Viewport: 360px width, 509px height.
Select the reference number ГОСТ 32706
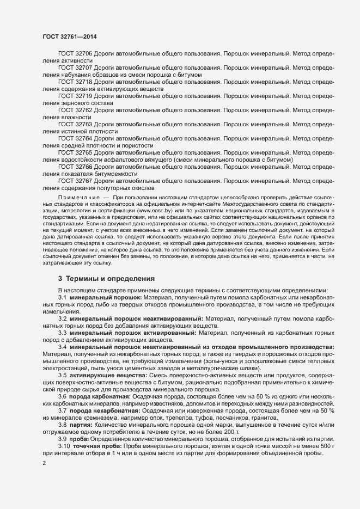pyautogui.click(x=76, y=54)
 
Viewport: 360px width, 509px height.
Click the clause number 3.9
pyautogui.click(x=63, y=439)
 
